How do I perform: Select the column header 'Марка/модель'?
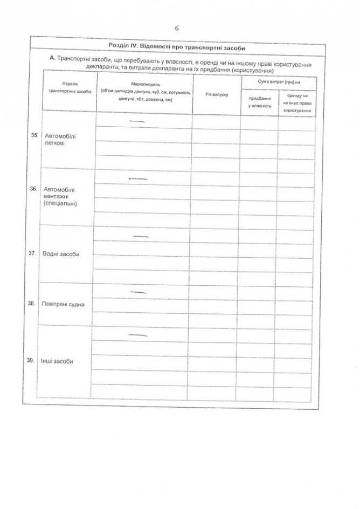143,93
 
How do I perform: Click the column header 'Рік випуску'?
217,95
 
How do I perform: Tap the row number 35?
34,136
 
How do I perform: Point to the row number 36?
33,189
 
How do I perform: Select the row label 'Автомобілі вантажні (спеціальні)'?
61,197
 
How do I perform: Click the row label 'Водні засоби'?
60,254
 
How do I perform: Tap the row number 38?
31,304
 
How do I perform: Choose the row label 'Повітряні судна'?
59,305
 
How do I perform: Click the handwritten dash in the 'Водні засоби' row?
140,237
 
